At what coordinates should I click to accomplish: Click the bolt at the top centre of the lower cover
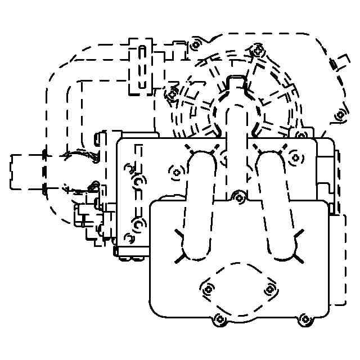[x=240, y=197]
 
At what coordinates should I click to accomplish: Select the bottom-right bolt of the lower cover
[x=305, y=319]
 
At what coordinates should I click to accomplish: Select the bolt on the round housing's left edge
[x=171, y=95]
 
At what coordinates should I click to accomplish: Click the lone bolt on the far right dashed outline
[x=339, y=115]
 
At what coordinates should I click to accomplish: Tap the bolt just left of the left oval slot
[x=177, y=171]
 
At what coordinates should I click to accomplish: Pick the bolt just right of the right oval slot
[x=293, y=159]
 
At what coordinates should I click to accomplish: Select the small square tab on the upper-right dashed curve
[x=333, y=64]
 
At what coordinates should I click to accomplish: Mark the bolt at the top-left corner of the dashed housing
[x=195, y=44]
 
